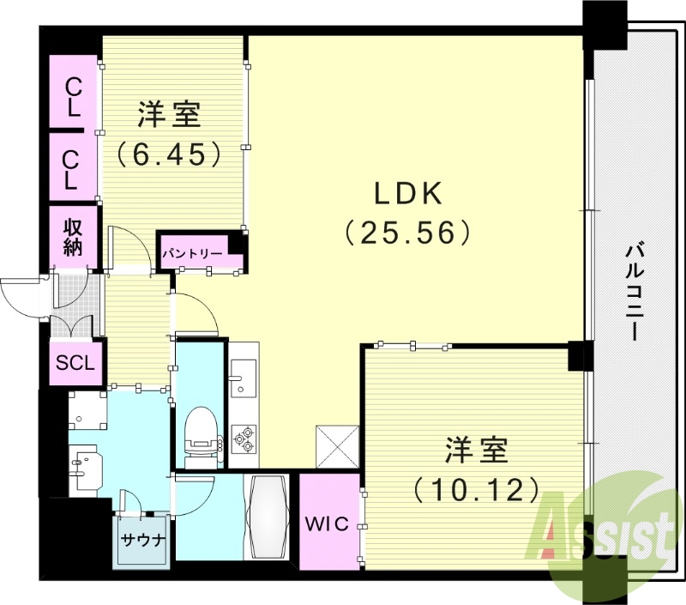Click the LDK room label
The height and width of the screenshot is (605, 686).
coord(408,193)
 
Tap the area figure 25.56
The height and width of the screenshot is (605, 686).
coord(408,232)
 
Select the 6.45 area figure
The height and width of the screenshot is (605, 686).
coord(168,154)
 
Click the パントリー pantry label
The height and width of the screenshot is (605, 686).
coord(193,253)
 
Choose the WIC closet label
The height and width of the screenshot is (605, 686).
coord(327,523)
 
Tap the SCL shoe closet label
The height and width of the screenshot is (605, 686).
coord(75,363)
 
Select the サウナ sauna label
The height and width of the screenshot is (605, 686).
coord(142,540)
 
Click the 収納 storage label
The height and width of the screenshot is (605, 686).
coord(73,236)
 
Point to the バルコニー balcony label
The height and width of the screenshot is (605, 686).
coord(635,293)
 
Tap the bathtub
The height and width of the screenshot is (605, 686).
coord(268,517)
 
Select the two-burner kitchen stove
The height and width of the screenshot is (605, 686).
coord(244,439)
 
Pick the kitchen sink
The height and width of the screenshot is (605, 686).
coord(244,378)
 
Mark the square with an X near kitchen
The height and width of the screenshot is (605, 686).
coord(337,446)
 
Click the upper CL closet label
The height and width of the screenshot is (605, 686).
coord(73,99)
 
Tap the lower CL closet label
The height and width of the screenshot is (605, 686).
coord(71,170)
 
